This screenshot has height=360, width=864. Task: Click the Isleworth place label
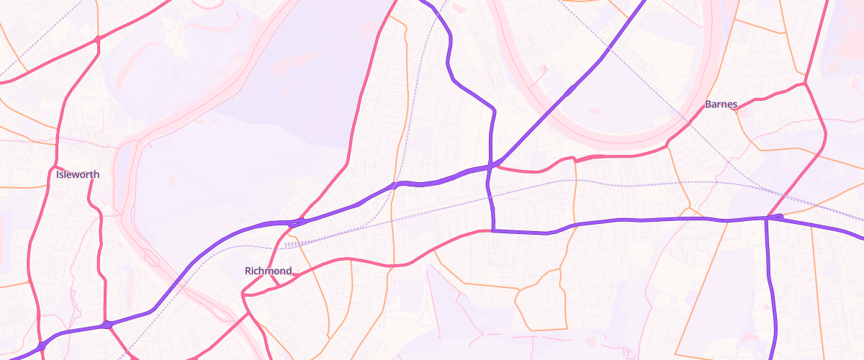coord(78,174)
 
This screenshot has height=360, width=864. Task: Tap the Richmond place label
coord(269,271)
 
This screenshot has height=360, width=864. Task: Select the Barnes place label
coord(721,104)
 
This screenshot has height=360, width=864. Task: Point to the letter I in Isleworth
coord(58,174)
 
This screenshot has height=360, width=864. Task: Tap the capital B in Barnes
coord(708,104)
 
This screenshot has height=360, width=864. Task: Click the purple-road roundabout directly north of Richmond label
coord(294,222)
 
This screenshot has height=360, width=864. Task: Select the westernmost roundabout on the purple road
coord(42,346)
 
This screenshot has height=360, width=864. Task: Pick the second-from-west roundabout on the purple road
coord(107,325)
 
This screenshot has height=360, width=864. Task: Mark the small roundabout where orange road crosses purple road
coord(395,185)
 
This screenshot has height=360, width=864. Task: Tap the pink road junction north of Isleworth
coord(97,39)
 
